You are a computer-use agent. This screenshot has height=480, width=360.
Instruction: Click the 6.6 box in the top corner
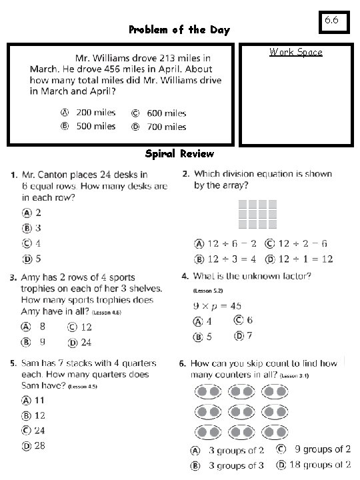pyautogui.click(x=331, y=21)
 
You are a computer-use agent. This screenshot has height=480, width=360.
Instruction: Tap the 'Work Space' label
pyautogui.click(x=295, y=52)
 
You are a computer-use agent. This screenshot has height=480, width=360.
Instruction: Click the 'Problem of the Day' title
pyautogui.click(x=180, y=30)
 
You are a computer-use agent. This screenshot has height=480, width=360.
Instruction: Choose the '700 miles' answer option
pyautogui.click(x=166, y=127)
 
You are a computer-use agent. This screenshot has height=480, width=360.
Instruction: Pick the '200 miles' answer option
pyautogui.click(x=95, y=113)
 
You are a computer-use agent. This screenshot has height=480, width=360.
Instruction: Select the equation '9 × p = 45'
pyautogui.click(x=217, y=306)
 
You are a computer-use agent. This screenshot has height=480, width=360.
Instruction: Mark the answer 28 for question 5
pyautogui.click(x=40, y=445)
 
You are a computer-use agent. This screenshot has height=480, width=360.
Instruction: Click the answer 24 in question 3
pyautogui.click(x=86, y=343)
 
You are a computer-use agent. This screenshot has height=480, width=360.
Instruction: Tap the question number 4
pyautogui.click(x=184, y=276)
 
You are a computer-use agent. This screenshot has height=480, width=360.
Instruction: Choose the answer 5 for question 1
pyautogui.click(x=38, y=259)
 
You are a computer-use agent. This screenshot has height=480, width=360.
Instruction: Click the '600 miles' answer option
pyautogui.click(x=166, y=113)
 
